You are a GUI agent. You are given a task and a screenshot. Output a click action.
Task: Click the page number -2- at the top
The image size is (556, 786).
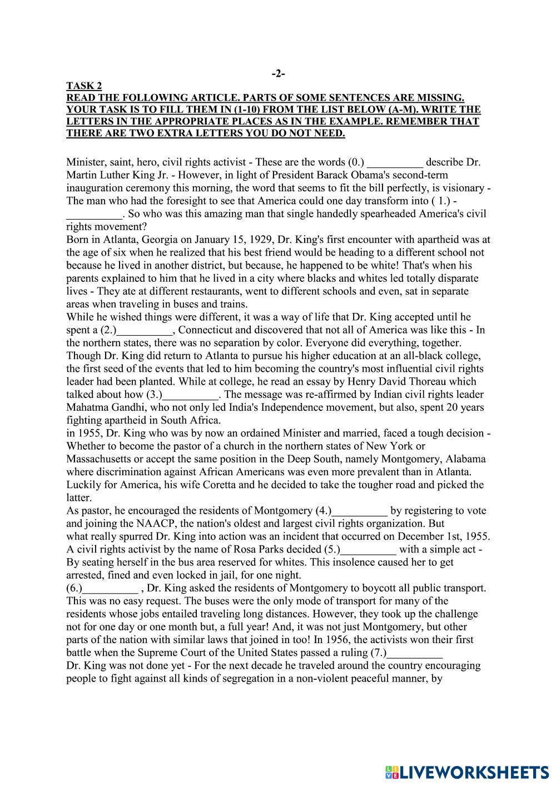(x=278, y=73)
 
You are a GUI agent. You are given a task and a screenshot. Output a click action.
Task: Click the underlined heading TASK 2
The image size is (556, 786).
(x=84, y=86)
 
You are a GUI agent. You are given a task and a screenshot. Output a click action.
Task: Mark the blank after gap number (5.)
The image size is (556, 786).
(x=368, y=550)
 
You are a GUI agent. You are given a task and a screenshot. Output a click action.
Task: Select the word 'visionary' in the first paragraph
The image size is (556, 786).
(x=461, y=188)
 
